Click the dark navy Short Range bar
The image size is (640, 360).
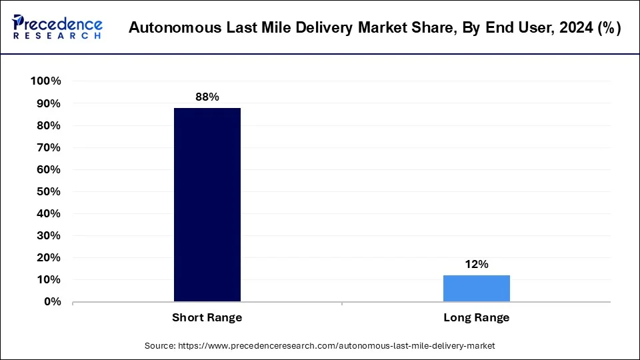pyautogui.click(x=207, y=205)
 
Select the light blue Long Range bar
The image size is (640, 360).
pyautogui.click(x=476, y=288)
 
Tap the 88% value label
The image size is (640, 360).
pyautogui.click(x=207, y=97)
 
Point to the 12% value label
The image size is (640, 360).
pyautogui.click(x=476, y=265)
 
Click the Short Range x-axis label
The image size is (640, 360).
pyautogui.click(x=207, y=318)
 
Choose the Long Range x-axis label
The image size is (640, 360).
pyautogui.click(x=476, y=318)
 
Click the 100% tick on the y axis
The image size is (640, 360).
pyautogui.click(x=46, y=81)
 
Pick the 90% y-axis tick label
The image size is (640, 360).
pyautogui.click(x=48, y=103)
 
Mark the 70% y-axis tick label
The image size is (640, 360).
pyautogui.click(x=48, y=147)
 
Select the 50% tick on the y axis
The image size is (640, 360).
pyautogui.click(x=48, y=191)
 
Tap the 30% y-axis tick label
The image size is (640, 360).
pyautogui.click(x=48, y=235)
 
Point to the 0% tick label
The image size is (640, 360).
pyautogui.click(x=51, y=301)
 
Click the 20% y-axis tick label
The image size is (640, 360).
pyautogui.click(x=48, y=257)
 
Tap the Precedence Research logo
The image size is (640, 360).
pyautogui.click(x=57, y=27)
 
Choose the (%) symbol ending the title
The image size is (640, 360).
pyautogui.click(x=608, y=28)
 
